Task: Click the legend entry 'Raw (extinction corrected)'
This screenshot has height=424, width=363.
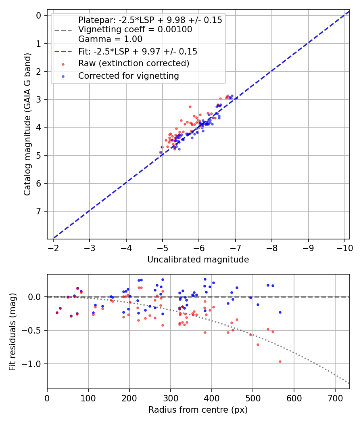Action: point(134,63)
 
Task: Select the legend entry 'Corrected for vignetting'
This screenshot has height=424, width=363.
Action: point(128,76)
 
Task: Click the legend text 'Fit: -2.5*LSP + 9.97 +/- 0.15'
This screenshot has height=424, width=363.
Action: point(138,51)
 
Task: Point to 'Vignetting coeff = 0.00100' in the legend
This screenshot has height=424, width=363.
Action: point(135,29)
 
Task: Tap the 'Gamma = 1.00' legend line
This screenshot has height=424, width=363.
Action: point(110,39)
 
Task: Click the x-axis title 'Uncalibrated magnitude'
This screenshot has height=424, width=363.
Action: point(198,260)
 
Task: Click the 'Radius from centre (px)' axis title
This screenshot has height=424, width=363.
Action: point(198,410)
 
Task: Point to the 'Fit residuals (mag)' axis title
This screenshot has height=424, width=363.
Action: point(13,332)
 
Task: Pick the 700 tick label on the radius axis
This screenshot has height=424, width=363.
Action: point(335,398)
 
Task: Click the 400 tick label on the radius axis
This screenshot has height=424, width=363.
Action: point(211,398)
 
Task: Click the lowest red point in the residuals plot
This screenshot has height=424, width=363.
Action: point(280,361)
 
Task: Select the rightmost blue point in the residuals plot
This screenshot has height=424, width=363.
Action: point(280,312)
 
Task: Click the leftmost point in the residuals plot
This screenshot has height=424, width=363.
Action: point(57,313)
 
